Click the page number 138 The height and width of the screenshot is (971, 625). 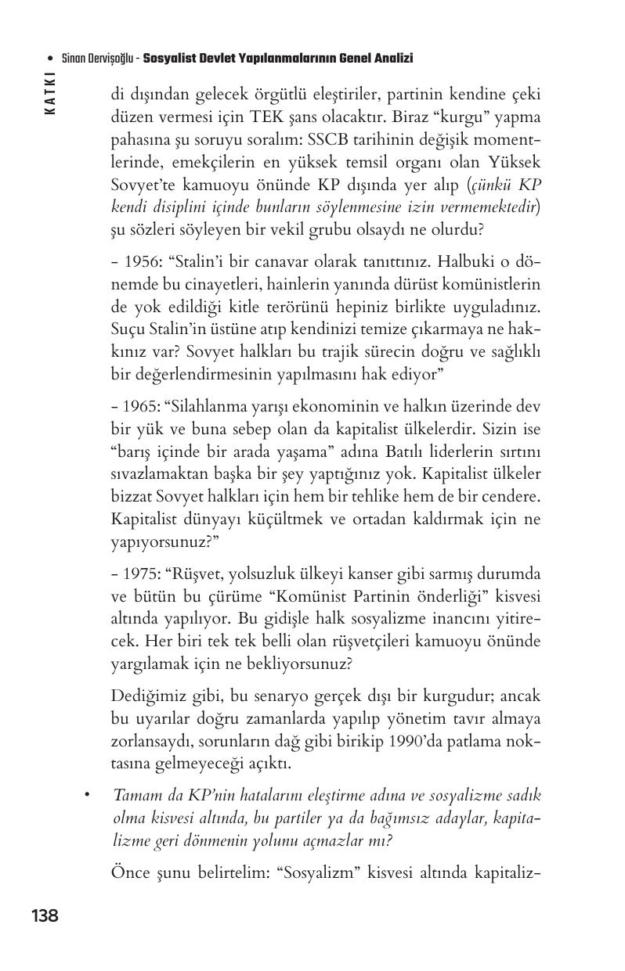44,915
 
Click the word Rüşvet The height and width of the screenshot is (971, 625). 201,574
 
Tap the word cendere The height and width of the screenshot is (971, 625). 511,496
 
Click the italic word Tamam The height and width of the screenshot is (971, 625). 136,796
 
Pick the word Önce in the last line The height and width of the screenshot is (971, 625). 129,872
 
